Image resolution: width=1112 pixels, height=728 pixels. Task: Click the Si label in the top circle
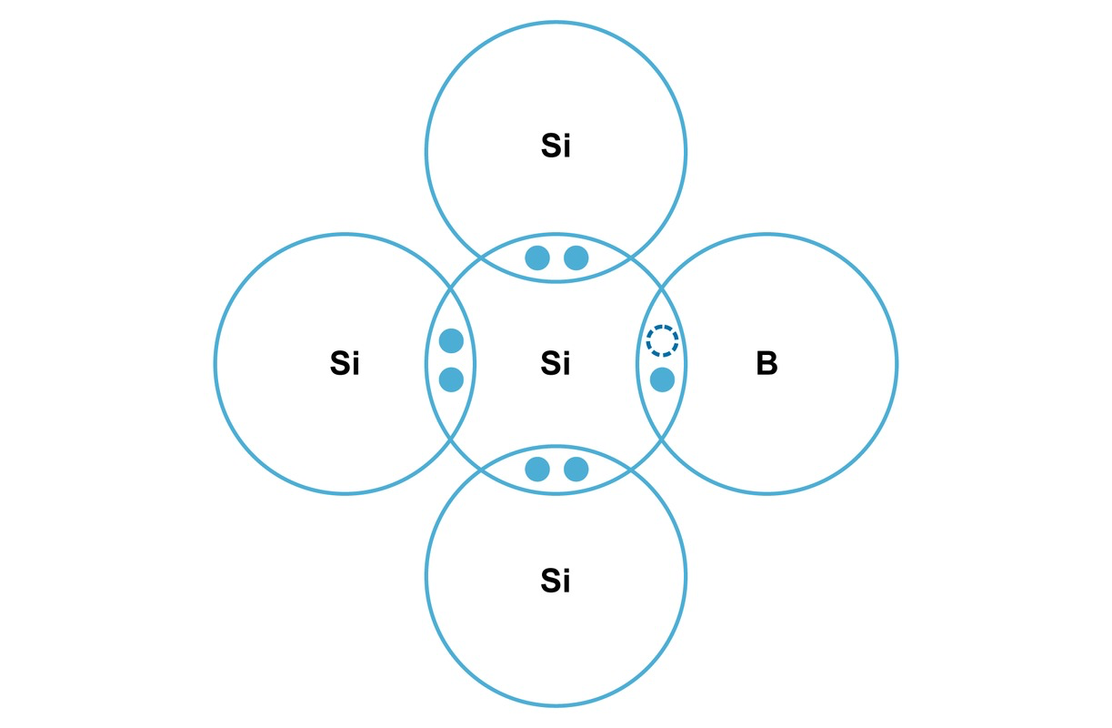click(556, 147)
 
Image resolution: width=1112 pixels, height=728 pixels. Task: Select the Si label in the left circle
click(345, 364)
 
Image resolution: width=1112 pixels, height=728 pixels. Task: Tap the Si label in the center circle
click(556, 364)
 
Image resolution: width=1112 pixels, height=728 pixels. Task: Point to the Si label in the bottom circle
click(556, 580)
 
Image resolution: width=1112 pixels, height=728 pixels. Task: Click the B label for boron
click(766, 364)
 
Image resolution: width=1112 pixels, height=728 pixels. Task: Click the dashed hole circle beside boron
click(662, 340)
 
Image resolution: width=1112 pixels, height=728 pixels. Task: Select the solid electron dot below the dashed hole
click(662, 379)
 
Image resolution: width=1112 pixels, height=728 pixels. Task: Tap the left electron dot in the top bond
click(537, 258)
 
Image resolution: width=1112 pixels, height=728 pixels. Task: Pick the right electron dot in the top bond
click(576, 258)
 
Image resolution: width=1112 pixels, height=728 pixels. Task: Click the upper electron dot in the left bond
click(451, 340)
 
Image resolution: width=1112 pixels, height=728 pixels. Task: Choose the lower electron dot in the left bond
click(451, 379)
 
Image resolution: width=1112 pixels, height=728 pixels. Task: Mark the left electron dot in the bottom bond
click(537, 470)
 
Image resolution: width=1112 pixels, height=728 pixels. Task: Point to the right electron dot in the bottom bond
click(576, 470)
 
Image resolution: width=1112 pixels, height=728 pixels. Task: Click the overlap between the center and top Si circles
click(556, 271)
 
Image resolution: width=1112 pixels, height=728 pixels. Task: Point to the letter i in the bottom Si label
click(567, 580)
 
